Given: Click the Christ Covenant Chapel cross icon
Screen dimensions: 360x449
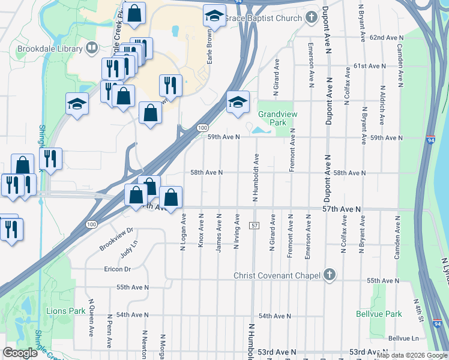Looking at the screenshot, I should [328, 275].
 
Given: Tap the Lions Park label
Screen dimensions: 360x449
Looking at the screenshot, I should [66, 311].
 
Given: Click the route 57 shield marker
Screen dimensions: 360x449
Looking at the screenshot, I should [255, 225].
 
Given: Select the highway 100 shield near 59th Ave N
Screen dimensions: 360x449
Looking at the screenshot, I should [203, 128].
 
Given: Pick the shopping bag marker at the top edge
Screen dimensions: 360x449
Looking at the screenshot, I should [134, 12].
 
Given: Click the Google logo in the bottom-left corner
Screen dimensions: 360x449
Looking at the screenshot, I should [20, 353].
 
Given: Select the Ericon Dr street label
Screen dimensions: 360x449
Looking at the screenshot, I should [117, 269].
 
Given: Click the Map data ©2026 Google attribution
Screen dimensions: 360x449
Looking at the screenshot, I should [412, 355].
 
